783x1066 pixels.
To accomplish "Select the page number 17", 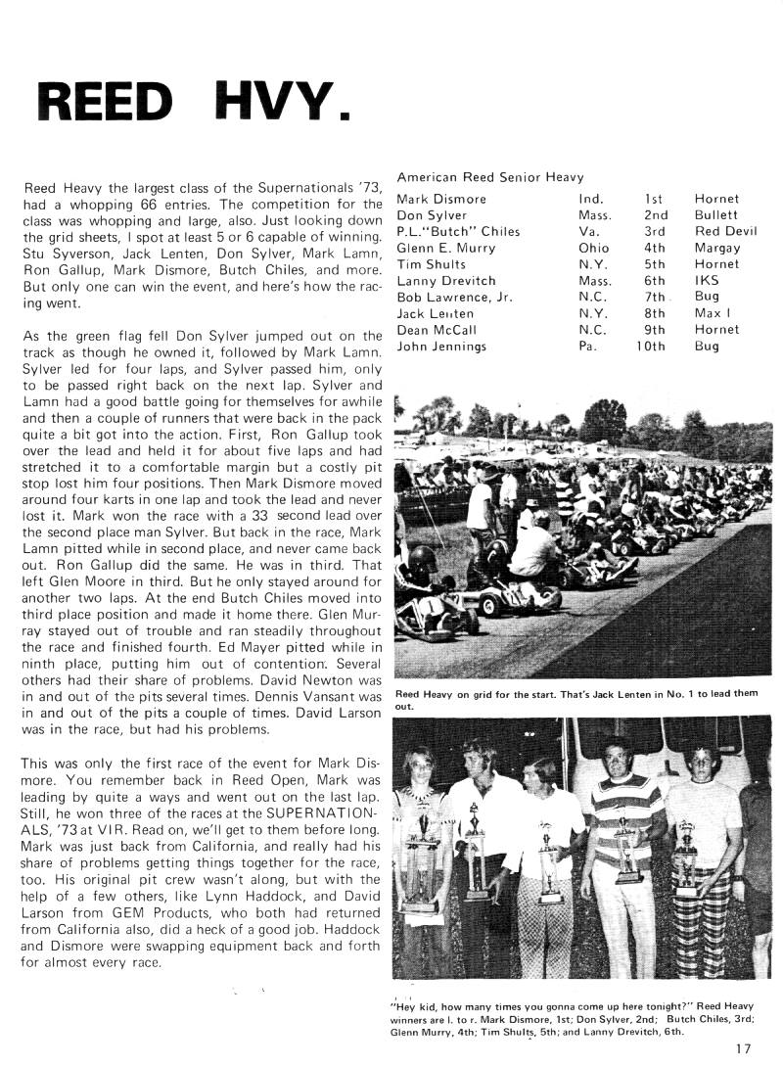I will (743, 1048).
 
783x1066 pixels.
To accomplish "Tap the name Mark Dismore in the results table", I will (441, 200).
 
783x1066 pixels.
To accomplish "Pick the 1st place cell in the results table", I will (653, 200).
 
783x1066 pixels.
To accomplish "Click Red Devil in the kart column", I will (725, 232).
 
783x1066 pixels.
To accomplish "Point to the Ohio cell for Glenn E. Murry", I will (594, 249).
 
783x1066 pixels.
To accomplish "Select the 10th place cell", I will (651, 347).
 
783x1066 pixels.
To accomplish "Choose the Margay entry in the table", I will (716, 249).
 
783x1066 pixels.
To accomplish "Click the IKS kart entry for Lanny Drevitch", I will (707, 281).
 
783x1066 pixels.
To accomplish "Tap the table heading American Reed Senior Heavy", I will (490, 177).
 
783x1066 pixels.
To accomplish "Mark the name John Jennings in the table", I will (439, 347).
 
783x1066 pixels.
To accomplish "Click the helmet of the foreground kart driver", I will (422, 559).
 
